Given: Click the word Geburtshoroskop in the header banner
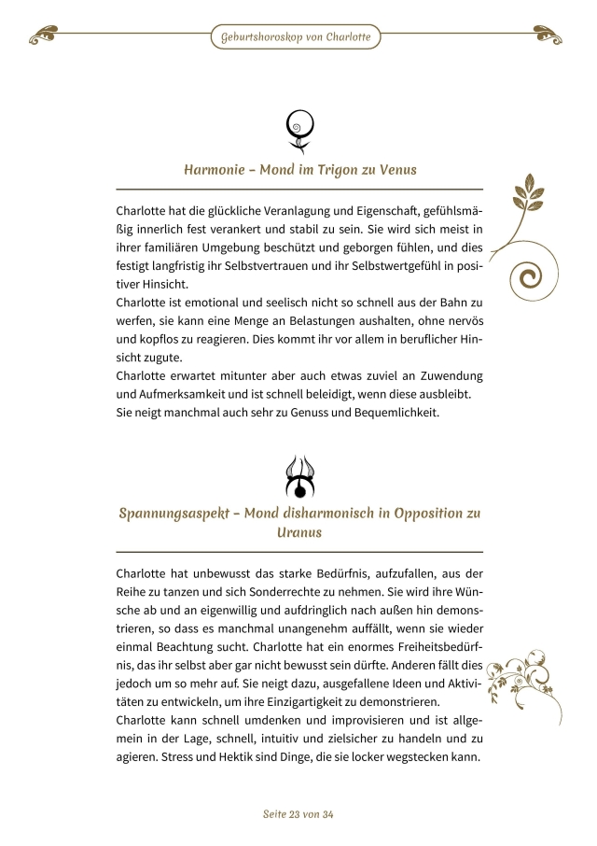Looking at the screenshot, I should [x=258, y=38].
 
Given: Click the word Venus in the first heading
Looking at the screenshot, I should [x=396, y=170].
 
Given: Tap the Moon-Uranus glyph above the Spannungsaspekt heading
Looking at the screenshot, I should [x=299, y=477].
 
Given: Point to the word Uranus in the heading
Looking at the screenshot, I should [x=299, y=532].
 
